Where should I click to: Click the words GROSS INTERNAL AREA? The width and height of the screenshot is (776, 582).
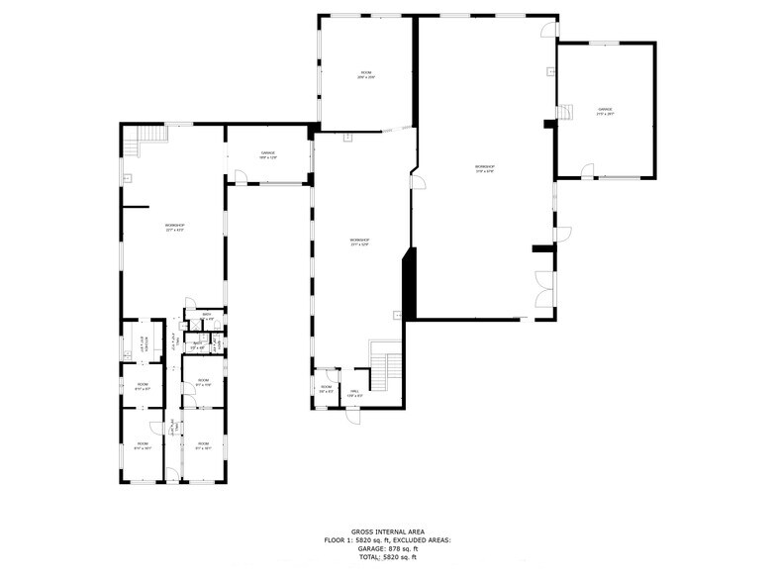click(387, 532)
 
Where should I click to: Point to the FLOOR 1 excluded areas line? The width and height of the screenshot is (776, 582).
click(387, 540)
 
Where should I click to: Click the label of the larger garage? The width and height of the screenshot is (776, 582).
click(605, 111)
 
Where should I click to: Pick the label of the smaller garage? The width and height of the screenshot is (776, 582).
click(267, 155)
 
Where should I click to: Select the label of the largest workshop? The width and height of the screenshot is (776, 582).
click(484, 169)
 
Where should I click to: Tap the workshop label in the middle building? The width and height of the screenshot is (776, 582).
click(359, 242)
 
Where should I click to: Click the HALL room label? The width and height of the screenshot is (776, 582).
click(355, 393)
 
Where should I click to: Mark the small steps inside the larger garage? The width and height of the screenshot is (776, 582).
click(566, 112)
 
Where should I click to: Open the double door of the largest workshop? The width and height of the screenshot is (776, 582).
click(543, 288)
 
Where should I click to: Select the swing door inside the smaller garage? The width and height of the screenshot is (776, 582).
click(240, 177)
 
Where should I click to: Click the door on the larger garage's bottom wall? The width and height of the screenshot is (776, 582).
click(588, 174)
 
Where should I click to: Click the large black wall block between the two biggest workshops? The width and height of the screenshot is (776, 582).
click(406, 282)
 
